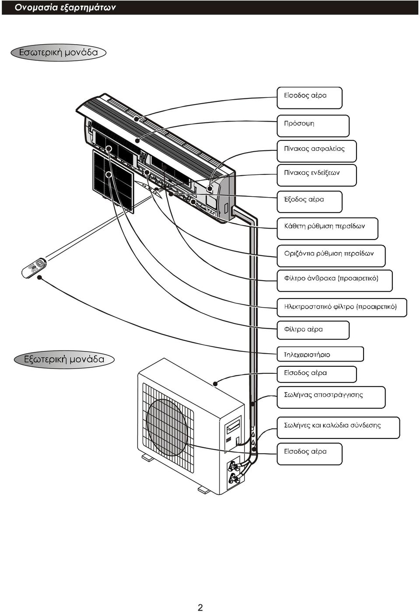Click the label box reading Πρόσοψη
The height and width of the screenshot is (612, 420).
(313, 126)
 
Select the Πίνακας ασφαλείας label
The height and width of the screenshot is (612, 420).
(317, 151)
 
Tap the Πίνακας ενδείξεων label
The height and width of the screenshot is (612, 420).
(317, 175)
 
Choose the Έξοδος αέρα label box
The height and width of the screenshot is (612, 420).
(310, 202)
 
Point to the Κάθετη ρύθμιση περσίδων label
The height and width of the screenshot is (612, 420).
(328, 229)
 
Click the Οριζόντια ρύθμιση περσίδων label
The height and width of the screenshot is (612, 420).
(331, 256)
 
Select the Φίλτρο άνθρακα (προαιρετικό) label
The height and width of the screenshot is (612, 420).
(335, 281)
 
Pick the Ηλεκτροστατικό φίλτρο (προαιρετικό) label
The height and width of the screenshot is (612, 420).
(342, 308)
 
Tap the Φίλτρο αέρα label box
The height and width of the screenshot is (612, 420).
(313, 330)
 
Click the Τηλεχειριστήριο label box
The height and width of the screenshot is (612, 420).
(320, 355)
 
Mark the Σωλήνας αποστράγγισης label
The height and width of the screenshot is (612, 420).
(331, 397)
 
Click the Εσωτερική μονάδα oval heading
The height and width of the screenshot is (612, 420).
(59, 52)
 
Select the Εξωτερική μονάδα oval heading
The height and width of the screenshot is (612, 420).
(64, 359)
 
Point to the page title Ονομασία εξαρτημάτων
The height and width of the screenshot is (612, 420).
(65, 7)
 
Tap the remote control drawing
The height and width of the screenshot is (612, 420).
(34, 268)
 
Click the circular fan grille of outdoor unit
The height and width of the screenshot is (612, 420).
(167, 428)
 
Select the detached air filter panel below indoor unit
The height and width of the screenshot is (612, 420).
(113, 181)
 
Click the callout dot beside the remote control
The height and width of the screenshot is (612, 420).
(39, 277)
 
